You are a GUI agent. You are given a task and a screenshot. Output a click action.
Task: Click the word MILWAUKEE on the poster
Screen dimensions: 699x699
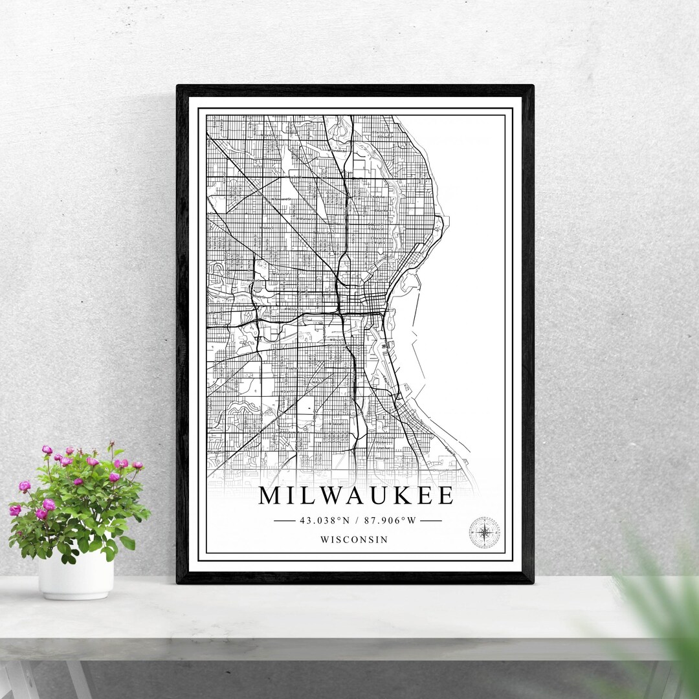(x=356, y=496)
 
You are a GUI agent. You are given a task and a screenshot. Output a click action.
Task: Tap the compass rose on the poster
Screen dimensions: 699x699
(x=484, y=533)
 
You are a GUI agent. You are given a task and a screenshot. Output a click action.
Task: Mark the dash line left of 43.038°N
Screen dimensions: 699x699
(x=285, y=520)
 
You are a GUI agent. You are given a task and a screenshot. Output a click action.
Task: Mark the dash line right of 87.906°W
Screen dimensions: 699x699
(x=430, y=520)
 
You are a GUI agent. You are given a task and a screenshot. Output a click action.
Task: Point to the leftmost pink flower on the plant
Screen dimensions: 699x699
(x=14, y=511)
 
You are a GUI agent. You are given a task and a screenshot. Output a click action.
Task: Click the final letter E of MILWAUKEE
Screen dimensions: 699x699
(x=445, y=496)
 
